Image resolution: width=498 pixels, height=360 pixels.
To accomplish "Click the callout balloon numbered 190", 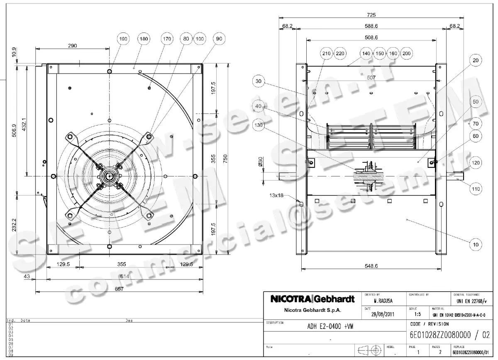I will pyautogui.click(x=123, y=39).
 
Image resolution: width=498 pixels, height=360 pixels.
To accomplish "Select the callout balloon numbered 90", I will pyautogui.click(x=219, y=39).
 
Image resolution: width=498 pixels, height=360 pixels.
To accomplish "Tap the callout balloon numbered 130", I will pyautogui.click(x=259, y=125).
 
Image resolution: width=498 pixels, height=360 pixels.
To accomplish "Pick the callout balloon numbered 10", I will pyautogui.click(x=476, y=245).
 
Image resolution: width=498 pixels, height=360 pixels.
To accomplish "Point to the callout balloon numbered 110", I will pyautogui.click(x=476, y=189).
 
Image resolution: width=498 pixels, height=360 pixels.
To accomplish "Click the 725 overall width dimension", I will pyautogui.click(x=371, y=15).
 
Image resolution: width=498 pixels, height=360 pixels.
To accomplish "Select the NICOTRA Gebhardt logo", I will pyautogui.click(x=312, y=299).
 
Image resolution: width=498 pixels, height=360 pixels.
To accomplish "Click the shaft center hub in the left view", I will pyautogui.click(x=109, y=176).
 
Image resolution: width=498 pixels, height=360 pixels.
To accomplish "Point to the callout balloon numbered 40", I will pyautogui.click(x=259, y=106).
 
